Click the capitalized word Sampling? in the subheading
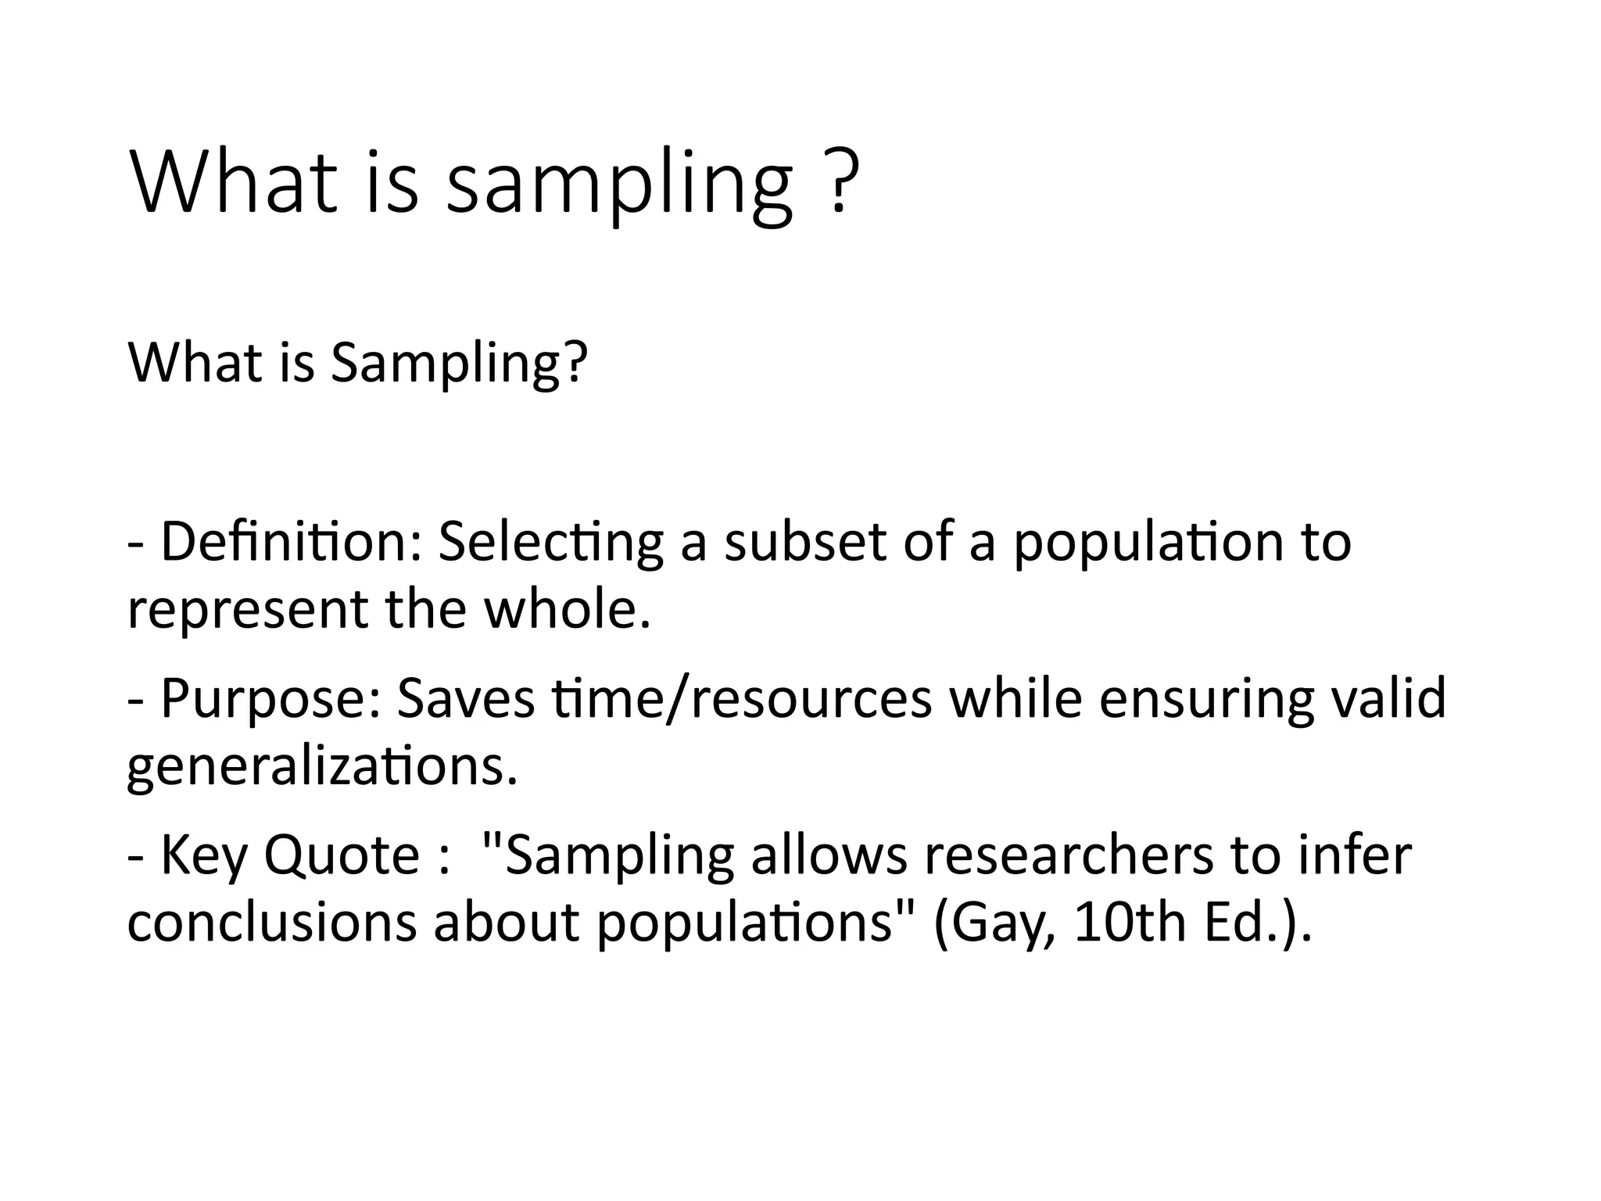pos(458,364)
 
